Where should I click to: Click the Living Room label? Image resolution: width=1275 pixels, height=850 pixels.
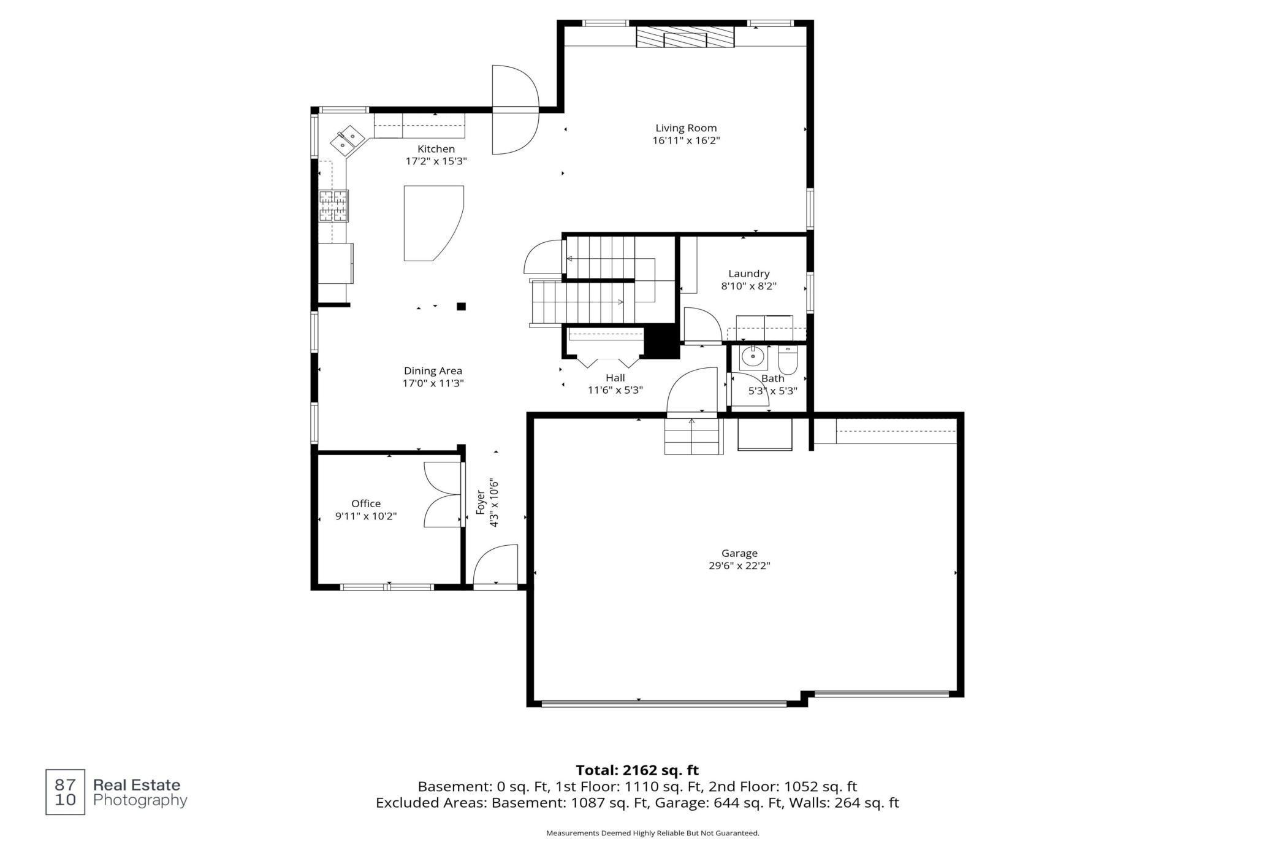click(x=686, y=128)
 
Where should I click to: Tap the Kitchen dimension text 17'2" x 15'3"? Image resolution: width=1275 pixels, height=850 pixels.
click(x=436, y=161)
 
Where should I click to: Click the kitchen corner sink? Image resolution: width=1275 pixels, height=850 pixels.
click(x=347, y=139)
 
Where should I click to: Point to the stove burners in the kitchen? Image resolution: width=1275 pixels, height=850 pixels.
click(x=333, y=205)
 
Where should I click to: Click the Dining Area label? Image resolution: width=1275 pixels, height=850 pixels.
click(x=433, y=371)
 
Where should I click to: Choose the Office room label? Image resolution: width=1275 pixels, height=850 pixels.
click(x=366, y=503)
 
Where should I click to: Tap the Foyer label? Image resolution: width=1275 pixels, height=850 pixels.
click(x=481, y=502)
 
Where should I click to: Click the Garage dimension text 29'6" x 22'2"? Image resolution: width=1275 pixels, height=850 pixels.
click(x=739, y=566)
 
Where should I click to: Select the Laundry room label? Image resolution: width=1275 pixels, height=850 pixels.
click(x=749, y=274)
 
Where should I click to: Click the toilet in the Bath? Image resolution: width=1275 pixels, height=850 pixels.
click(x=787, y=360)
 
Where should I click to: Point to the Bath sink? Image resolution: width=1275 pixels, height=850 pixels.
click(x=753, y=357)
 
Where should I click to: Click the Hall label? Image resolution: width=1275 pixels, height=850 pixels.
click(x=615, y=378)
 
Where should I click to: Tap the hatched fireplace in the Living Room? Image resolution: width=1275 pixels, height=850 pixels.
click(x=685, y=37)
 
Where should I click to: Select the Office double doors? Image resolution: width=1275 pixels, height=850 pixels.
click(x=443, y=494)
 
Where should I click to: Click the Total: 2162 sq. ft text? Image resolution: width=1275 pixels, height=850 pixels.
click(x=637, y=770)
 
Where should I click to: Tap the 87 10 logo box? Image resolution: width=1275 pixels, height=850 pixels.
click(x=66, y=792)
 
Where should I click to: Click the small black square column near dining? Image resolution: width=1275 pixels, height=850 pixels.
click(x=462, y=307)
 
